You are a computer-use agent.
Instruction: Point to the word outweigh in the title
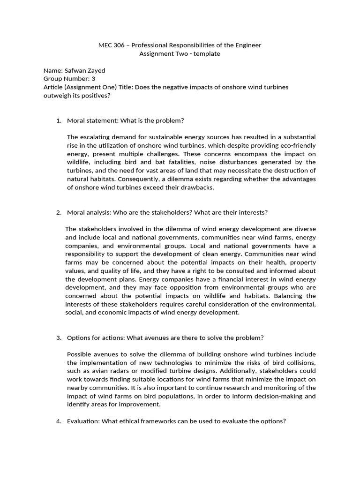(57, 96)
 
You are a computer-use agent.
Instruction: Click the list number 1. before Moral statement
(59, 120)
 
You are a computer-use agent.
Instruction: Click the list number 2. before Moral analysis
(59, 212)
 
